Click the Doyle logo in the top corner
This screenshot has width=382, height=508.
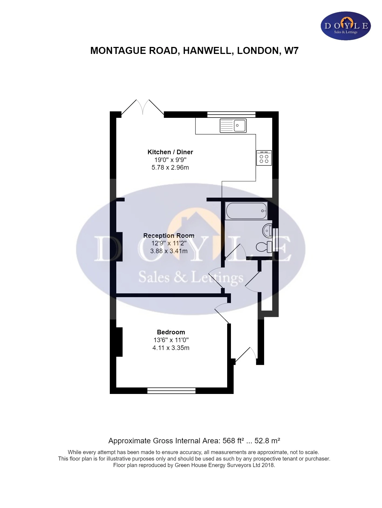tap(346, 26)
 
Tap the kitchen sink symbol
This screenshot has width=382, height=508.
tap(233, 126)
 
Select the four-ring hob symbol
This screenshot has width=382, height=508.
tap(264, 158)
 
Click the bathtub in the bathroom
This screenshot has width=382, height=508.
tap(246, 211)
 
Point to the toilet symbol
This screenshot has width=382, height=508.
tap(264, 247)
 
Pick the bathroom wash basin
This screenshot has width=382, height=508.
tap(267, 231)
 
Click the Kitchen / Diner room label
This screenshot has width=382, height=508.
tap(170, 152)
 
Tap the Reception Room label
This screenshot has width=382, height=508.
tap(169, 236)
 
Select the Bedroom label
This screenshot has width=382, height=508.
tap(171, 332)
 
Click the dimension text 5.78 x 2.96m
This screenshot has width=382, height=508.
tap(170, 167)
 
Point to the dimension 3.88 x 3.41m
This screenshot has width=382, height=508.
tap(169, 251)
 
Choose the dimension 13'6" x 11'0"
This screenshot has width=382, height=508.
tap(171, 340)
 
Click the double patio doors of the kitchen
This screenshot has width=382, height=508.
tap(143, 108)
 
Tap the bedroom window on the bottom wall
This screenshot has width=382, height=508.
tap(171, 390)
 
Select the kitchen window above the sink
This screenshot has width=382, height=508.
tap(231, 115)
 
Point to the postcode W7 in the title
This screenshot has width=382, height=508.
tap(291, 51)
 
